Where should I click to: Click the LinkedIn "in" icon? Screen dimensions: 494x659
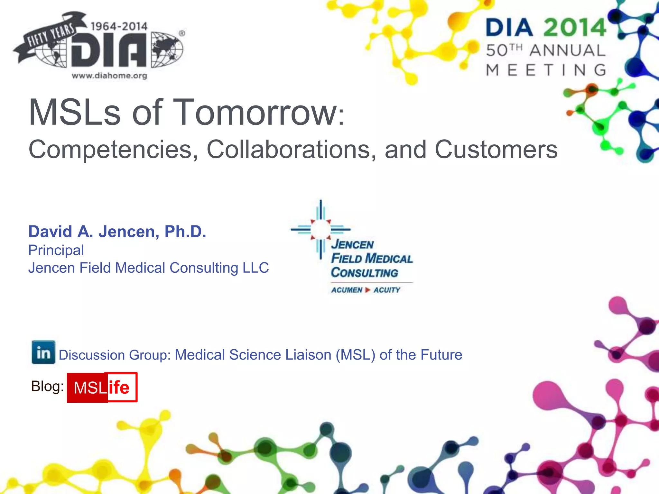pyautogui.click(x=43, y=352)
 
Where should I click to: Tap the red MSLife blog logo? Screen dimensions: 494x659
pyautogui.click(x=102, y=387)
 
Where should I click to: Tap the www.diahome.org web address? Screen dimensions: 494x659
pyautogui.click(x=109, y=76)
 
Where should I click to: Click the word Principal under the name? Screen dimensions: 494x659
pyautogui.click(x=56, y=250)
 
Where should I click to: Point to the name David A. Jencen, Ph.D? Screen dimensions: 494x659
pyautogui.click(x=117, y=232)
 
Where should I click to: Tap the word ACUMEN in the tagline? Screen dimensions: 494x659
pyautogui.click(x=347, y=290)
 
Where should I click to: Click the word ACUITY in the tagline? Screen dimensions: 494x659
pyautogui.click(x=387, y=290)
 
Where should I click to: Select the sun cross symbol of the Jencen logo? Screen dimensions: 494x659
pyautogui.click(x=320, y=229)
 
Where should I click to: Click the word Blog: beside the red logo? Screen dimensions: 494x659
pyautogui.click(x=47, y=386)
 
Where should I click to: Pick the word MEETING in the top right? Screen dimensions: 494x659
pyautogui.click(x=546, y=70)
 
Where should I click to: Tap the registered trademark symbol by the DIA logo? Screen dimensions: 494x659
pyautogui.click(x=182, y=33)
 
